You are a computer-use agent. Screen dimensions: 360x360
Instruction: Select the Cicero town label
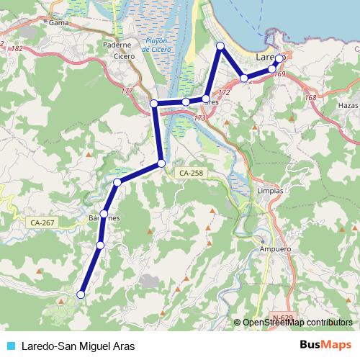pos(124,55)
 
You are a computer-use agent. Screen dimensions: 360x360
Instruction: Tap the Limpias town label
pos(269,192)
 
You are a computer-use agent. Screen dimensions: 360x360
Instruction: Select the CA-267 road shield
pos(43,223)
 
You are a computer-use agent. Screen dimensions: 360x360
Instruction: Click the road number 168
pos(310,98)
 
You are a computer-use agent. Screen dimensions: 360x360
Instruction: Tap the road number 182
pos(17,48)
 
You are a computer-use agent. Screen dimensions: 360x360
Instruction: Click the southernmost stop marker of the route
pos(81,294)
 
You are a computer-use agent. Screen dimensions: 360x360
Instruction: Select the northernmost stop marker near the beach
pos(221,46)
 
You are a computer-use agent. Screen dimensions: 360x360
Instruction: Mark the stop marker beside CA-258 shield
pos(161,163)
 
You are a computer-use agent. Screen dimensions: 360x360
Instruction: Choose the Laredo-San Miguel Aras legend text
pos(78,346)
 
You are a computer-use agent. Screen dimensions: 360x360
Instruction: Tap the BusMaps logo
pos(325,345)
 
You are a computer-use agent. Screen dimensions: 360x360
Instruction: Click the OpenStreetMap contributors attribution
pos(297,323)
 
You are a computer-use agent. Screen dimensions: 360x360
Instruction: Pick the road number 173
pos(200,117)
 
